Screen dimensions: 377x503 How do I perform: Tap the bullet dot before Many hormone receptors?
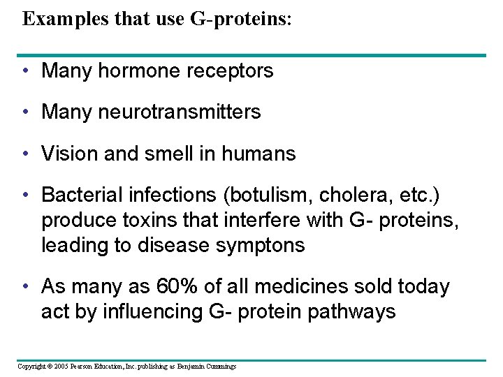25,71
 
